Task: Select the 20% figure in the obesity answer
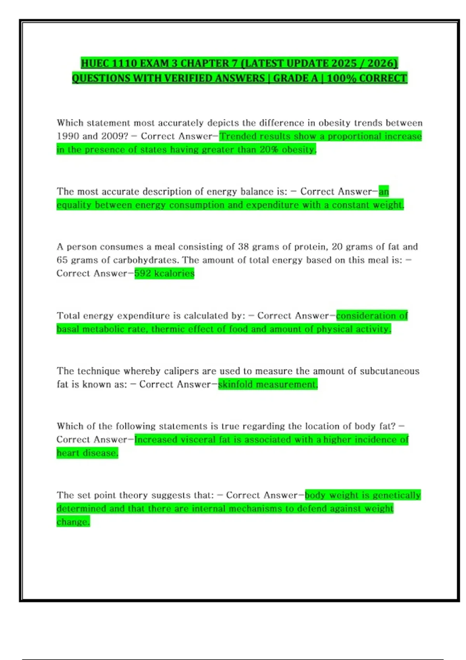[x=269, y=150]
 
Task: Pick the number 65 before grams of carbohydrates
[x=62, y=260]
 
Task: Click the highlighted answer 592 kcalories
[x=164, y=273]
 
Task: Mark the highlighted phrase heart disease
[x=87, y=453]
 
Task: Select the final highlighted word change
[x=73, y=522]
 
